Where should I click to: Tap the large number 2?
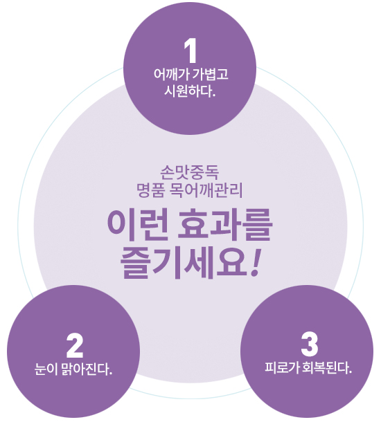tap(75, 346)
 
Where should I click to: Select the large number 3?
tap(310, 345)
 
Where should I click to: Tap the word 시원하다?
tap(188, 91)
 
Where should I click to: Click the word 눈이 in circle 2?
tap(46, 369)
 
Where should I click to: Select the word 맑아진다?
tap(85, 369)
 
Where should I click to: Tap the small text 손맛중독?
tap(190, 172)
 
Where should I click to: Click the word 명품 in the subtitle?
tap(150, 190)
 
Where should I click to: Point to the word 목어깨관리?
tap(206, 190)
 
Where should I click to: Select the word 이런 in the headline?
tap(138, 226)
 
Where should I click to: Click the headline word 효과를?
tap(224, 226)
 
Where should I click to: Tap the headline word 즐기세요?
tap(184, 264)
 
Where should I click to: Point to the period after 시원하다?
tap(214, 95)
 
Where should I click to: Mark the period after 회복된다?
tap(350, 372)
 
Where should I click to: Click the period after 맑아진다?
tap(110, 374)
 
